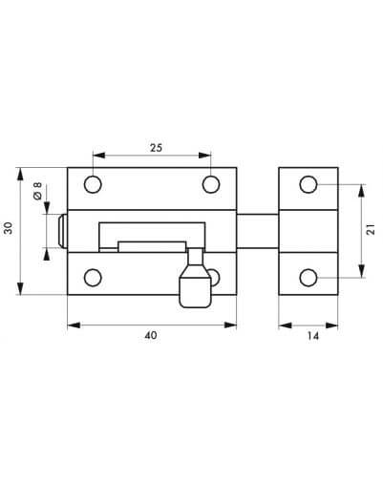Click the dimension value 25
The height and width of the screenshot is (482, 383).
click(x=156, y=148)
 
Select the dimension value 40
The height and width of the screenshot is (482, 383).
click(x=151, y=335)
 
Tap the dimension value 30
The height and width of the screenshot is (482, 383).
click(x=9, y=228)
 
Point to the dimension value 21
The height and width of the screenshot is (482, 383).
click(x=371, y=230)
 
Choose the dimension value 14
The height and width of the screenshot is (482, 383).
click(x=313, y=336)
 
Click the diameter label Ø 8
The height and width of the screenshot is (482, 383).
click(x=37, y=191)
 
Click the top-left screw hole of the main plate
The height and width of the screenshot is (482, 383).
click(x=93, y=184)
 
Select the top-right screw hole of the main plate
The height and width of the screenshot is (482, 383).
click(x=211, y=184)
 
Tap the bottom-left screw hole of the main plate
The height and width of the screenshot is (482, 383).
click(x=93, y=278)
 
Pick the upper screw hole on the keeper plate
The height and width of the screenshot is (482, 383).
click(x=309, y=184)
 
